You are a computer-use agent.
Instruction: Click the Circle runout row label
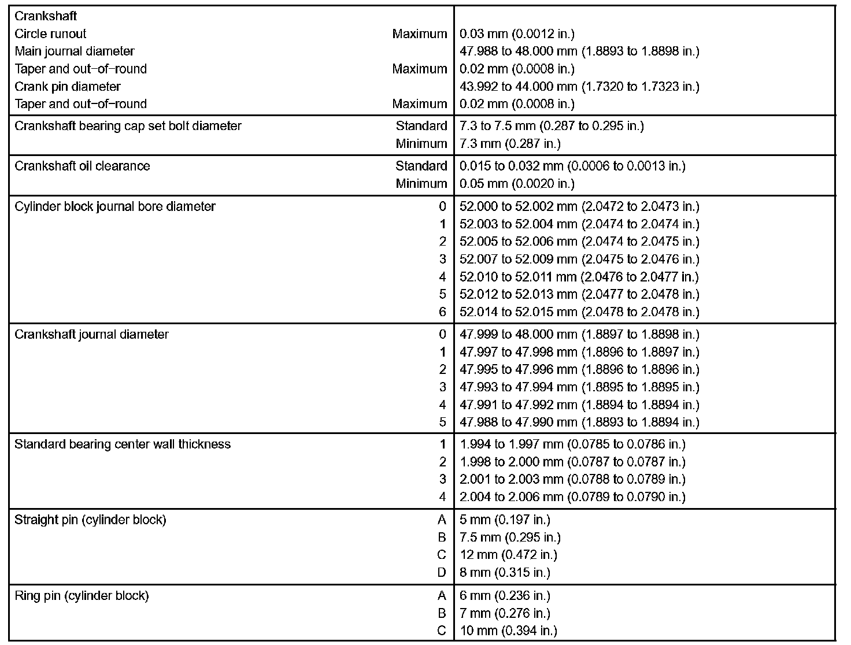[50, 34]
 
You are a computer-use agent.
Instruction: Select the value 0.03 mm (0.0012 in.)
[517, 34]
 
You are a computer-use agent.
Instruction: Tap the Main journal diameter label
[74, 51]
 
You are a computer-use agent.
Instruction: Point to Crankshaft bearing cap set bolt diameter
[128, 126]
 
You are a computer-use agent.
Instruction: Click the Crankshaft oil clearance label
[82, 166]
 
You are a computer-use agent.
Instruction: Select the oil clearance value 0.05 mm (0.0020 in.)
[517, 184]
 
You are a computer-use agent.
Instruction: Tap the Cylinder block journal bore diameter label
[115, 207]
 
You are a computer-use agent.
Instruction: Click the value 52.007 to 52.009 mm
[579, 260]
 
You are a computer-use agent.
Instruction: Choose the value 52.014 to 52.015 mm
[579, 312]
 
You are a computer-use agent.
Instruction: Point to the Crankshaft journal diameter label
[91, 335]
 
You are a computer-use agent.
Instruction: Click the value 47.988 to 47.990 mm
[579, 422]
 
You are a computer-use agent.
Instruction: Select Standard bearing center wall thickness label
[123, 444]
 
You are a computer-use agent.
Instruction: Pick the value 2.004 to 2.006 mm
[572, 497]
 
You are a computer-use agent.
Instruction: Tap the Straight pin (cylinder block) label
[90, 520]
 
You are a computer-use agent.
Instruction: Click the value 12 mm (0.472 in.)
[508, 555]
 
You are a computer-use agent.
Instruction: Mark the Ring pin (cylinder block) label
[82, 596]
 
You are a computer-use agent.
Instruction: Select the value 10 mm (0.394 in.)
[508, 631]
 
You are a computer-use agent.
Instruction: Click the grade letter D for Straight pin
[442, 573]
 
